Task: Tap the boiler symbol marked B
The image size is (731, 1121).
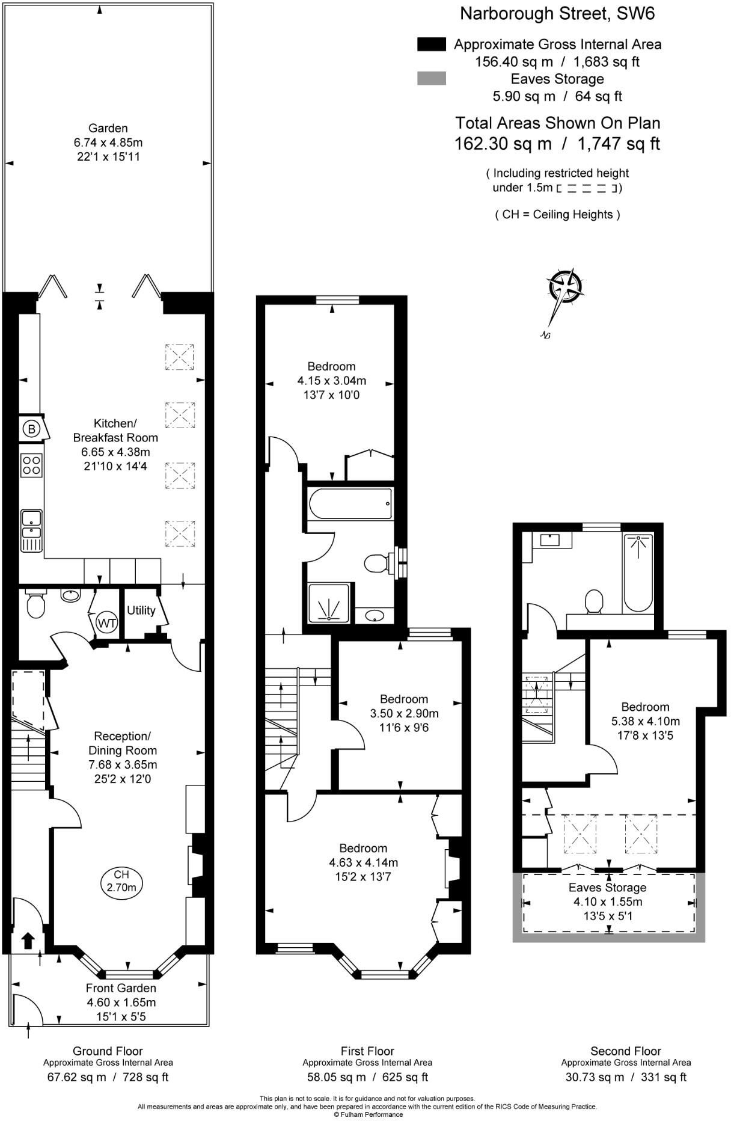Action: [x=32, y=429]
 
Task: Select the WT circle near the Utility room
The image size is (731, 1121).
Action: [x=106, y=622]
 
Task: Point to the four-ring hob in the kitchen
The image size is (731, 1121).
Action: [x=32, y=464]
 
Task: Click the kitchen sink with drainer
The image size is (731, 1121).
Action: [x=31, y=530]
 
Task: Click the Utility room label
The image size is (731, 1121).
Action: [x=141, y=610]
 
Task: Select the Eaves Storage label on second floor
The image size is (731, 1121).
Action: [x=607, y=887]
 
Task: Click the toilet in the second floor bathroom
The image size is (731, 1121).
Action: [x=594, y=601]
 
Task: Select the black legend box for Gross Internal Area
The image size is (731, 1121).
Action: [x=431, y=44]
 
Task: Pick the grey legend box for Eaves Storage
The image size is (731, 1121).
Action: [x=431, y=78]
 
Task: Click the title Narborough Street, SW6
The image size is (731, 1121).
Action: [x=557, y=14]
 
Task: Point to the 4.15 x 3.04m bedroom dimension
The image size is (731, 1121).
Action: [x=331, y=381]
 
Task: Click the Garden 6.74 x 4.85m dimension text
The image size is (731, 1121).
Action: [x=108, y=143]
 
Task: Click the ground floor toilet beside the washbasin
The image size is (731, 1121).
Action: [x=35, y=605]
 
